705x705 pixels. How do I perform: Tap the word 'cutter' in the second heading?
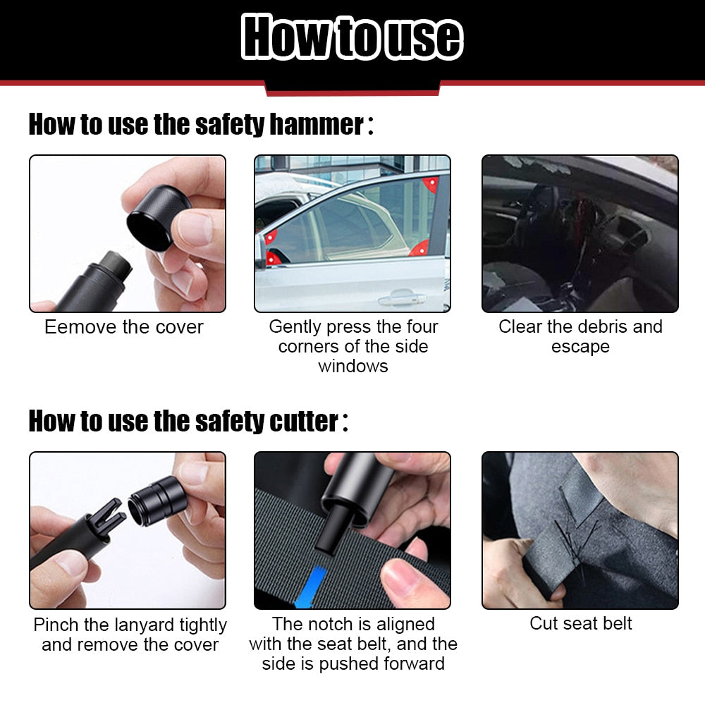pos(303,422)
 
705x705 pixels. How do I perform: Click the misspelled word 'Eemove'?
pos(73,327)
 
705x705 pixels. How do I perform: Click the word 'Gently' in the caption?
pos(295,327)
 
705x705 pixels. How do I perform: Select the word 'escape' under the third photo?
pos(580,347)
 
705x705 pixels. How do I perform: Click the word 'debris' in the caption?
pos(603,327)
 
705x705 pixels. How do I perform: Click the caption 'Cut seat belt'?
pos(580,623)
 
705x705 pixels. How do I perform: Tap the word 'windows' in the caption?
pos(352,367)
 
